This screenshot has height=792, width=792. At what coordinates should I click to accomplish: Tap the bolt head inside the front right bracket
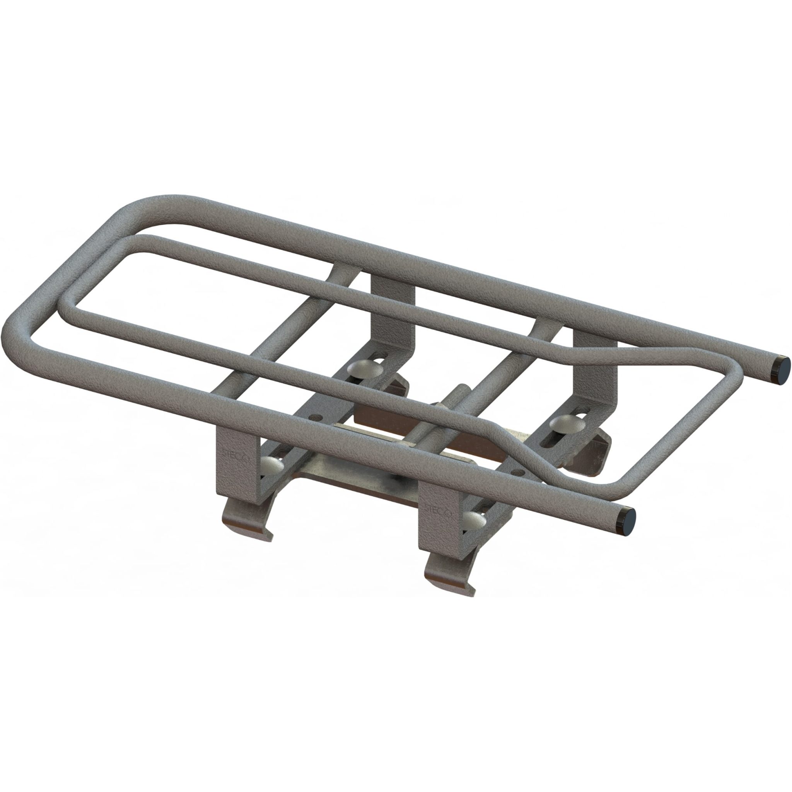(x=476, y=522)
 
